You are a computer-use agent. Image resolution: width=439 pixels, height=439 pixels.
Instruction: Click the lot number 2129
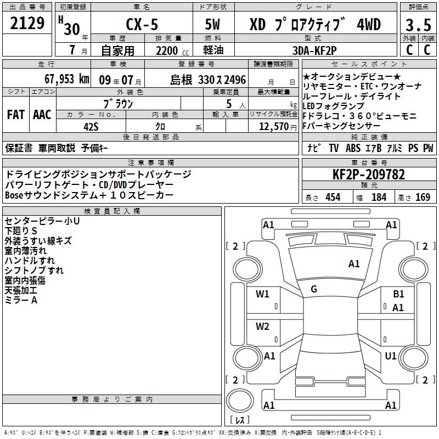(27, 23)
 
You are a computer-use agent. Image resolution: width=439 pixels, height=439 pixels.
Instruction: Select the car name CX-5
(142, 24)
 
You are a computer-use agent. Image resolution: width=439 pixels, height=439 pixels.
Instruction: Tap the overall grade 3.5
(418, 25)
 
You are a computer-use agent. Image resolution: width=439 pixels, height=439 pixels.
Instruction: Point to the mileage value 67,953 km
(67, 79)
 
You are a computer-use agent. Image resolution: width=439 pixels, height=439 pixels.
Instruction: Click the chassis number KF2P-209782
(368, 175)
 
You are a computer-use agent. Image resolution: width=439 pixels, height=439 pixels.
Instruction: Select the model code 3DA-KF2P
(314, 50)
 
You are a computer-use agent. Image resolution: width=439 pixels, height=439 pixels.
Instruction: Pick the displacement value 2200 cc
(172, 50)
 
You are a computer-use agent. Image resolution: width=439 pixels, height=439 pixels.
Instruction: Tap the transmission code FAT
(16, 115)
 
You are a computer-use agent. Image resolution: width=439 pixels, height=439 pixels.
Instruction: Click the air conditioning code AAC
(42, 115)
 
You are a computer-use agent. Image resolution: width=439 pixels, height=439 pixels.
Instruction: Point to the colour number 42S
(91, 127)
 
